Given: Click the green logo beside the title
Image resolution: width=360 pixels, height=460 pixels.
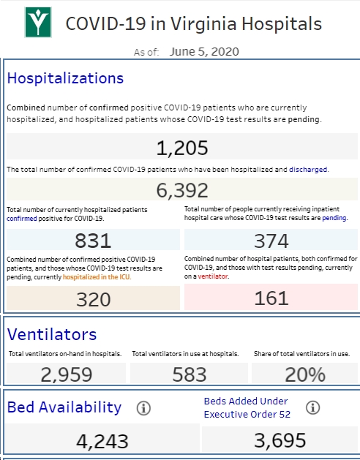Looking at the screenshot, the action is coord(38,22).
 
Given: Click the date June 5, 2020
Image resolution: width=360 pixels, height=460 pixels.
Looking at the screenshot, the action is coord(204,52).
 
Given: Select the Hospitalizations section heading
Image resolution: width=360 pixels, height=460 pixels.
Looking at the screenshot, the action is coord(65,78).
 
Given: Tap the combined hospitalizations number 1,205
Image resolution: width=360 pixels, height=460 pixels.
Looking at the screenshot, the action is coord(182,148).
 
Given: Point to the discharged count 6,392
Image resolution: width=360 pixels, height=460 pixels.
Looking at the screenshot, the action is coord(182,190).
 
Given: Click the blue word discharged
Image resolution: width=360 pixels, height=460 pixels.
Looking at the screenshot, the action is coord(308,170).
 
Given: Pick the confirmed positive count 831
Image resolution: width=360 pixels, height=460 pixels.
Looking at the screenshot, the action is coord(93,241).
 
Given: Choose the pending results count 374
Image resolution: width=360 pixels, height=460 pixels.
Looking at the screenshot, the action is coord(271,241).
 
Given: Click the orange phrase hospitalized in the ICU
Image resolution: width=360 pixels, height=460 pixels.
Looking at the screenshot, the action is coord(97,277).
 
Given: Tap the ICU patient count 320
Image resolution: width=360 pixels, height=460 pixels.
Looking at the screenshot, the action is coord(94,300).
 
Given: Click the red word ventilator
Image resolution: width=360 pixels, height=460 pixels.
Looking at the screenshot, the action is coord(213,276).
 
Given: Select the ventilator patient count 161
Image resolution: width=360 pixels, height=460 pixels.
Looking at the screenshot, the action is coord(271,298).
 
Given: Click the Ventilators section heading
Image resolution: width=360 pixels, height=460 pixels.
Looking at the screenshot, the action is coord(52,334).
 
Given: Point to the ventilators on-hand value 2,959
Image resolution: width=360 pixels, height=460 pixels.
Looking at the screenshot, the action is coord(67,374).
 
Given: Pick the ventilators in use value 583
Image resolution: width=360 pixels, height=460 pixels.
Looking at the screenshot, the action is coord(190,374).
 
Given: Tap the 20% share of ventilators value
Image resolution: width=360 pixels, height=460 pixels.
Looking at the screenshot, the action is coord(305,374).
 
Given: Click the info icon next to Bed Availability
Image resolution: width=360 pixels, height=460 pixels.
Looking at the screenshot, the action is coord(143,408).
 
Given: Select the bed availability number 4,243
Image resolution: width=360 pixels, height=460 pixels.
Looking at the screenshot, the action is coord(102,441).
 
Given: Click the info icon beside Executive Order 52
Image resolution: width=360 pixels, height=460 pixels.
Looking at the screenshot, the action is coord(312,407).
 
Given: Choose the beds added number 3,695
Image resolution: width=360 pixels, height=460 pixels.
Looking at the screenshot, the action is coord(280,440).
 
